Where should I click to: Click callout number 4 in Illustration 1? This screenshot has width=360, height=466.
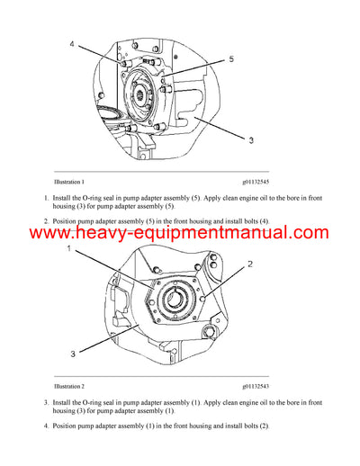tap(73, 41)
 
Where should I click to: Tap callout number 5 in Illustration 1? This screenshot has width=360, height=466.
tap(231, 59)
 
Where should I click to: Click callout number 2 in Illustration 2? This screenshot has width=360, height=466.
tap(249, 264)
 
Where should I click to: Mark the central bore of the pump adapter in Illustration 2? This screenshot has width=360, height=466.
tap(176, 300)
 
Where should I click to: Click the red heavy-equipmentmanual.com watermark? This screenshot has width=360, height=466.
tap(180, 234)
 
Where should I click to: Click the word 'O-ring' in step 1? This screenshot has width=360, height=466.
tap(93, 196)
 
